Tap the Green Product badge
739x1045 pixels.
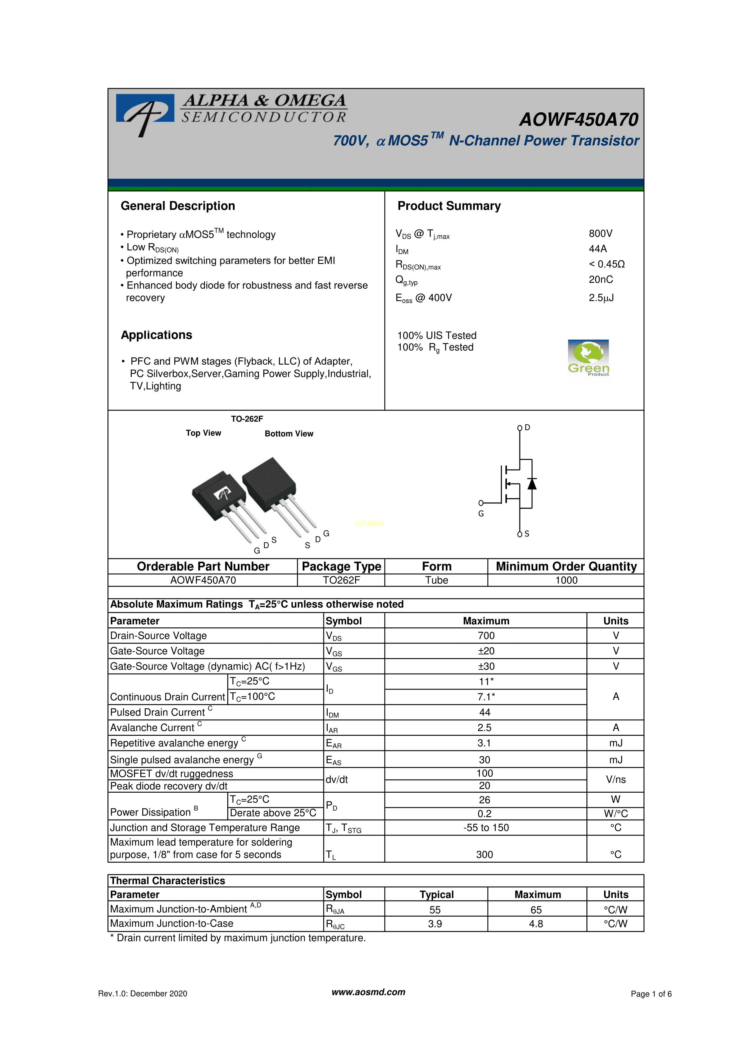(588, 358)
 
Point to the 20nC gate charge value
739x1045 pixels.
(601, 279)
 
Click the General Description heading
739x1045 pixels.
(178, 206)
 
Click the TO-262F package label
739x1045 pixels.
(247, 419)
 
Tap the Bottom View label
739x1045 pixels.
(289, 434)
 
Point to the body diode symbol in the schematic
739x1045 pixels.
(531, 483)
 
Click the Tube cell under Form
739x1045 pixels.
(436, 580)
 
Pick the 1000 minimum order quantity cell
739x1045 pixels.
(566, 580)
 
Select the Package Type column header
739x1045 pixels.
(341, 566)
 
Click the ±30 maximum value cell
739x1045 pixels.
(486, 666)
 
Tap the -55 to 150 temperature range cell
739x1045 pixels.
(486, 828)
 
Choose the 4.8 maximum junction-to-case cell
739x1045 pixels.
(536, 923)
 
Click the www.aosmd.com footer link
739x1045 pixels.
(368, 992)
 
